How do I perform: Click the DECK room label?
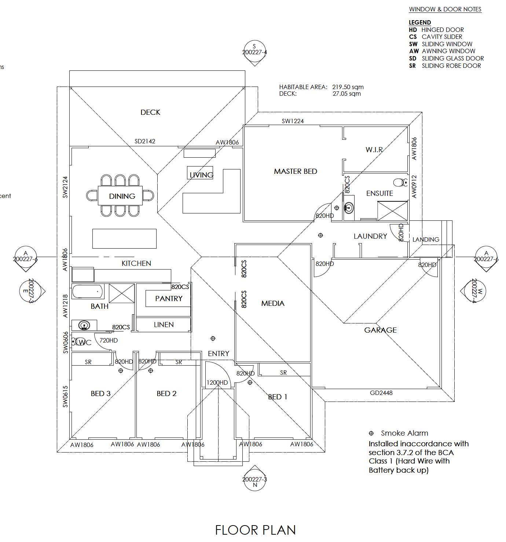[150, 112]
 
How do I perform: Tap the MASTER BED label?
[295, 171]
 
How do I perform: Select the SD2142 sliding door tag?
[144, 142]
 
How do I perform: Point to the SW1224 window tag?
[293, 121]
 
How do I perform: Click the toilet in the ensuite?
[400, 182]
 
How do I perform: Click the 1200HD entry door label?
[217, 382]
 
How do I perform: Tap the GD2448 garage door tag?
[381, 393]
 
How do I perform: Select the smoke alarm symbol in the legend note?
[371, 433]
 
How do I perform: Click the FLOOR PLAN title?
[256, 530]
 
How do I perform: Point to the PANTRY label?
[169, 299]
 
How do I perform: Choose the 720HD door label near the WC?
[109, 340]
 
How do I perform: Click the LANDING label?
[426, 239]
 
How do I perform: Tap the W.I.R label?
[374, 150]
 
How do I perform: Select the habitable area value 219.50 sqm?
[348, 87]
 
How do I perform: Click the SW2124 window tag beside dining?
[65, 187]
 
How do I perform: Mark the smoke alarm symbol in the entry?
[213, 338]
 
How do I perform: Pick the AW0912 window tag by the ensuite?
[414, 187]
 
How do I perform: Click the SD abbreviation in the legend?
[412, 58]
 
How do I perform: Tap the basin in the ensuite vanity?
[349, 208]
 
